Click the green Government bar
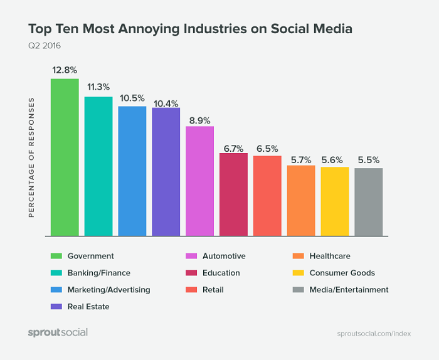[65, 157]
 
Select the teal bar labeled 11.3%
[98, 166]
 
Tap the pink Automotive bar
[199, 181]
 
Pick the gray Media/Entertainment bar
[368, 202]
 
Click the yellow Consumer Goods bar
[334, 201]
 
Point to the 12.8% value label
[65, 70]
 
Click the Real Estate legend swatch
[56, 307]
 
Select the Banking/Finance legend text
[99, 273]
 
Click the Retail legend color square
[191, 290]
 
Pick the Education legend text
[221, 273]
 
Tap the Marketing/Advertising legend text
[108, 290]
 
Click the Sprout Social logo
[58, 332]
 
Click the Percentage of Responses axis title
[31, 157]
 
